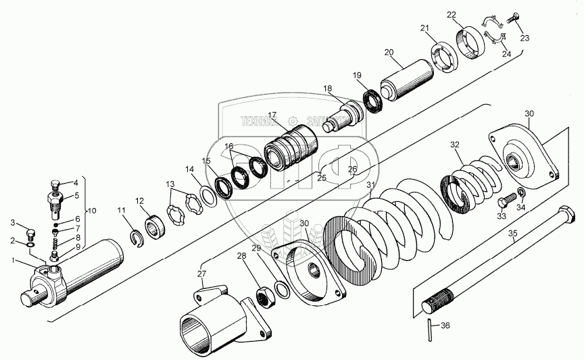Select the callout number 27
click(201, 273)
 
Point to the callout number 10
click(93, 211)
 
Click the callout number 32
click(455, 144)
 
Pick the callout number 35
click(512, 234)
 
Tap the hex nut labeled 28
click(264, 294)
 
